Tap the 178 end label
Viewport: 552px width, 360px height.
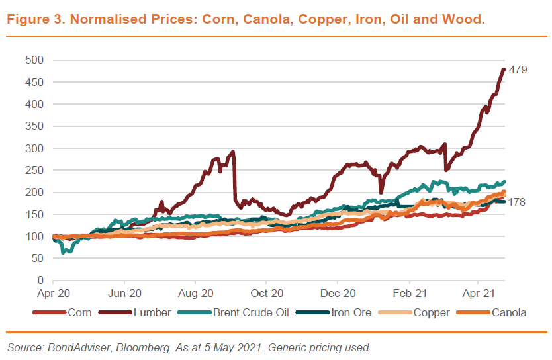coord(516,202)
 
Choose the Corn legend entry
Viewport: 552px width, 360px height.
coord(79,312)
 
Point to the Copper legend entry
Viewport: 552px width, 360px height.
coord(432,312)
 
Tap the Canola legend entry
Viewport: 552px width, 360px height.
coord(508,312)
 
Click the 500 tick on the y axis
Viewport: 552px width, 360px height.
coord(34,60)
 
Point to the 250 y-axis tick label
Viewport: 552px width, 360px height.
coord(34,170)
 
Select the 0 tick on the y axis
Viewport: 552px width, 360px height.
coord(40,281)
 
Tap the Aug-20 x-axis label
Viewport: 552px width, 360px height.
coord(195,292)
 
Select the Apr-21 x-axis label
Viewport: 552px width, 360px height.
coord(479,292)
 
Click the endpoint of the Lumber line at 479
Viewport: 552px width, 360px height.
coord(504,69)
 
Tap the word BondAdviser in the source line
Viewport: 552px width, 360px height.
coord(71,347)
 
